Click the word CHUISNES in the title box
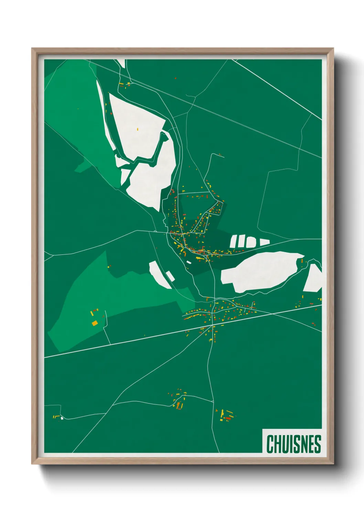point(293,444)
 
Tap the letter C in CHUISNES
point(270,444)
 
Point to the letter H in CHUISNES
point(278,444)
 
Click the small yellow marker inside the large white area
point(138,129)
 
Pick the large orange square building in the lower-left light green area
point(95,323)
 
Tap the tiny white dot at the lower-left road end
point(62,418)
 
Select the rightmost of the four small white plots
point(264,242)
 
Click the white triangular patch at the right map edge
point(313,279)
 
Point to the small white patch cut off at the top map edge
point(121,62)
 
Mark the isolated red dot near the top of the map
point(175,78)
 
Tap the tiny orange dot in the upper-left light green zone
point(78,109)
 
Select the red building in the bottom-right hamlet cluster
point(228,418)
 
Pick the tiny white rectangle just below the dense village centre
point(189,262)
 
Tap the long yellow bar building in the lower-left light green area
point(92,314)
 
